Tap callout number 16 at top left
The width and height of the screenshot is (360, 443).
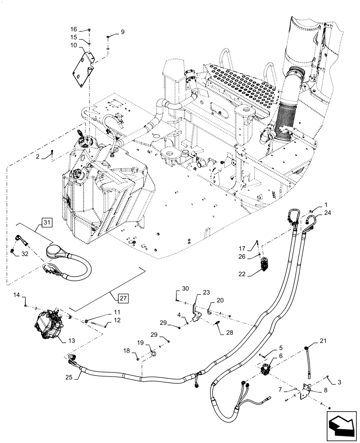pyautogui.click(x=74, y=29)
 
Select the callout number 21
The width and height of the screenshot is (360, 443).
pyautogui.click(x=322, y=341)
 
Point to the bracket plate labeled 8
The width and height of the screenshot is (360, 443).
pyautogui.click(x=306, y=390)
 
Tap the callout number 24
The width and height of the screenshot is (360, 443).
pyautogui.click(x=328, y=212)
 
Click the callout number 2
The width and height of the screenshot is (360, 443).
pyautogui.click(x=38, y=157)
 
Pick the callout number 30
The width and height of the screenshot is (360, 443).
pyautogui.click(x=185, y=289)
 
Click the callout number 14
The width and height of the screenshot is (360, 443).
pyautogui.click(x=17, y=295)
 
